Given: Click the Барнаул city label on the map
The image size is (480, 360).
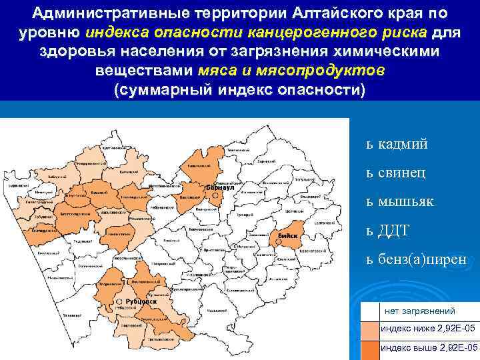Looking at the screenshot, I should point(218,188).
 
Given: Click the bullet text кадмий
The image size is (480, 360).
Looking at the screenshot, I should point(403,144).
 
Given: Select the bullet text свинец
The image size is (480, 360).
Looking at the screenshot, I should point(402,173).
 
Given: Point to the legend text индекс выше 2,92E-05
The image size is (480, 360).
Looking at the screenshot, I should point(429,348).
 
